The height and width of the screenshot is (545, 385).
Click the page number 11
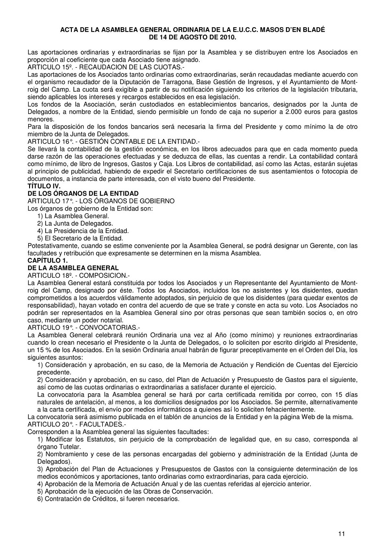341,533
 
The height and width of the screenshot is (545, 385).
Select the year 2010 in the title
228,37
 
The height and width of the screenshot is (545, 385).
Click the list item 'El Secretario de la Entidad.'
80,238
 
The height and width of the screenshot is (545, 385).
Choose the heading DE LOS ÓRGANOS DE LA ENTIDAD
83,194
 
